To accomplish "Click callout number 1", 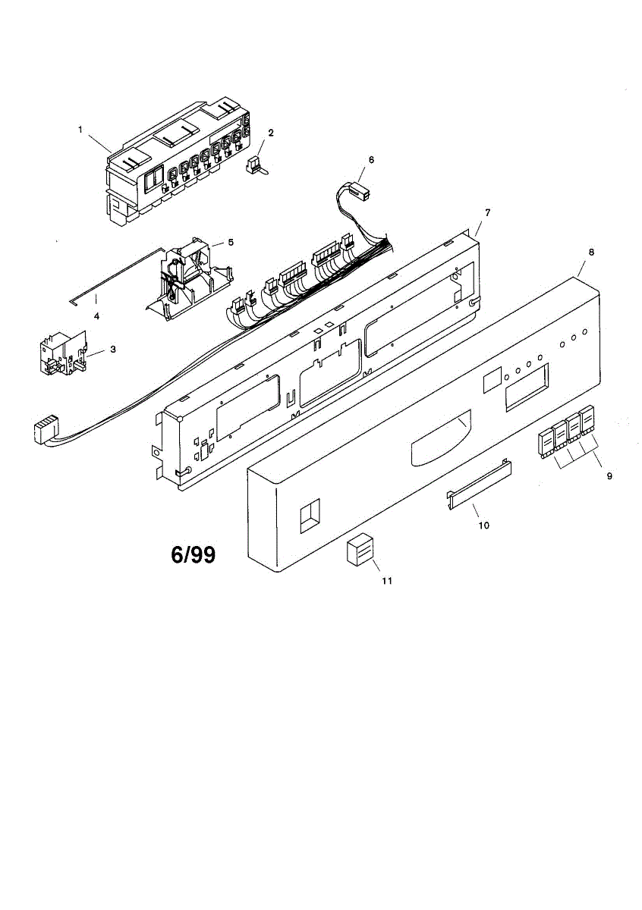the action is coord(80,130).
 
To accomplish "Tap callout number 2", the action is coord(271,133).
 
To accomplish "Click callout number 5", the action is coord(231,243).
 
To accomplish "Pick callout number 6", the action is coord(371,160).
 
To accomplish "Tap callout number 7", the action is coord(486,212).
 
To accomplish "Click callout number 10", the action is coord(483,524).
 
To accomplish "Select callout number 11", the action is coord(387,581).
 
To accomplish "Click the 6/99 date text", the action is coord(193,555).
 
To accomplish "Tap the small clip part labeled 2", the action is coord(256,165).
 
